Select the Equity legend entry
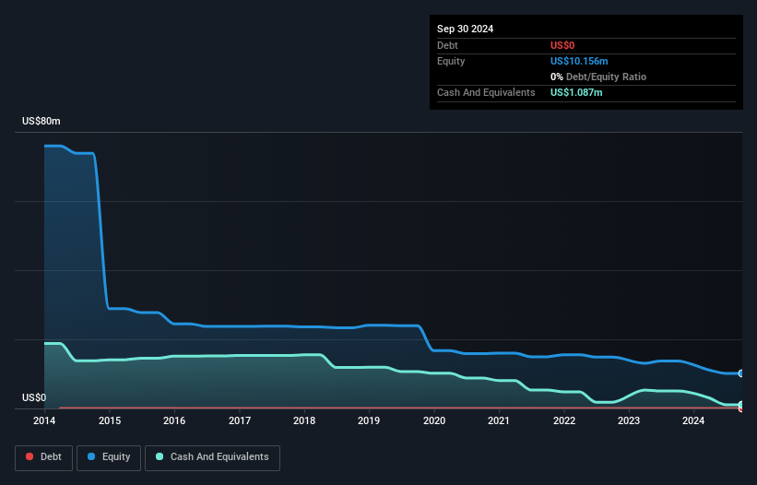108,456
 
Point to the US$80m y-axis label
41,122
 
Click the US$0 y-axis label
34,398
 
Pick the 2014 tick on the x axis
44,420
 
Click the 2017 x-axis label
240,420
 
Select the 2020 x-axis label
434,420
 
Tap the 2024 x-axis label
693,420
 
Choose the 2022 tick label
564,420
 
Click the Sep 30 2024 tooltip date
465,29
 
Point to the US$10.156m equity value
579,61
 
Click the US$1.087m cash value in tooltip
576,92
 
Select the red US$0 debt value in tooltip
562,45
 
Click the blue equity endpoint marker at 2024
741,373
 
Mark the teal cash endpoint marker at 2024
741,405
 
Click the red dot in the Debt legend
29,456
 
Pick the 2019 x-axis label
370,420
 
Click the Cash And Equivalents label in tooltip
486,92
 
